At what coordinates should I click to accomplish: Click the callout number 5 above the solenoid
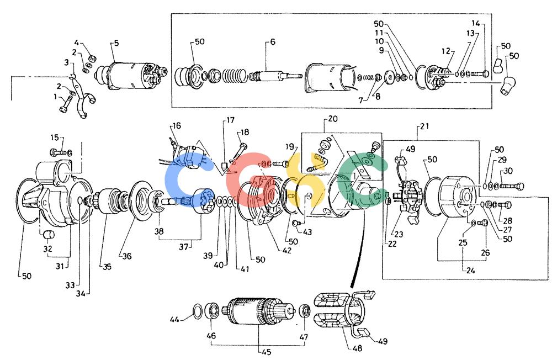(116, 43)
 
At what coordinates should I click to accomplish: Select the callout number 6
(273, 42)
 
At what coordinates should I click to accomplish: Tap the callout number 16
(177, 126)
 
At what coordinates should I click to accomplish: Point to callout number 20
(333, 119)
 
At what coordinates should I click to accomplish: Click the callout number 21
(425, 126)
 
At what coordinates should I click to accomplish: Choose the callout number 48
(357, 348)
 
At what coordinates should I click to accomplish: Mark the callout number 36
(127, 256)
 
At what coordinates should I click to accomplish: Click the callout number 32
(47, 248)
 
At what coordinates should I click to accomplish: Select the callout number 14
(476, 23)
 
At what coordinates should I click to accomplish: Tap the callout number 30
(508, 171)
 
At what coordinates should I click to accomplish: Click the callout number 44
(174, 320)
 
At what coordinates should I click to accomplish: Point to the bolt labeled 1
(66, 104)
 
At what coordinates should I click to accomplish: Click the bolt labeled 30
(512, 186)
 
